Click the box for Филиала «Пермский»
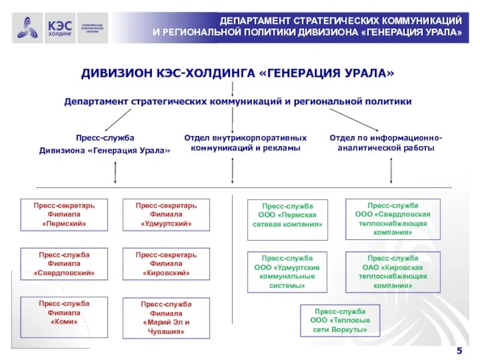coord(64,215)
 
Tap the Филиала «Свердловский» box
coord(64,264)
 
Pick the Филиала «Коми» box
coord(64,313)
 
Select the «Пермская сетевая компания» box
coord(287,215)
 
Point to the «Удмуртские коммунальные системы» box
coord(287,272)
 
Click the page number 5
coord(460,350)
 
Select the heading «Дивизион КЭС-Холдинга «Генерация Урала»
coord(238,73)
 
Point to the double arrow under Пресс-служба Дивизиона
coord(115,173)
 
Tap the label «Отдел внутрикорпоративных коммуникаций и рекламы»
coord(245,143)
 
